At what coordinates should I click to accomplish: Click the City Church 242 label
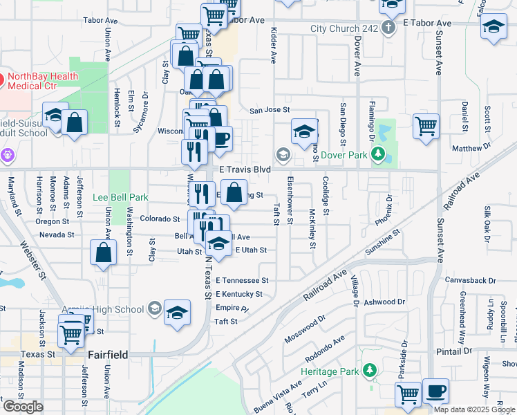[x=344, y=28]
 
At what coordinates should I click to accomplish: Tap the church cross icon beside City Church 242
[x=388, y=28]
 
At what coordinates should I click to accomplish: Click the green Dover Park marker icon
[x=377, y=156]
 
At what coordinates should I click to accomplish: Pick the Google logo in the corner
[x=23, y=407]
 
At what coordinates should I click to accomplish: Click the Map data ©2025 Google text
[x=474, y=409]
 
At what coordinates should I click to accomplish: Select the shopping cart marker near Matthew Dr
[x=426, y=126]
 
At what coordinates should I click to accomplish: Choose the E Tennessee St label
[x=242, y=281]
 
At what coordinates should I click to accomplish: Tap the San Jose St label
[x=269, y=110]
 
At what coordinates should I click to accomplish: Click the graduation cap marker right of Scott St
[x=493, y=28]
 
